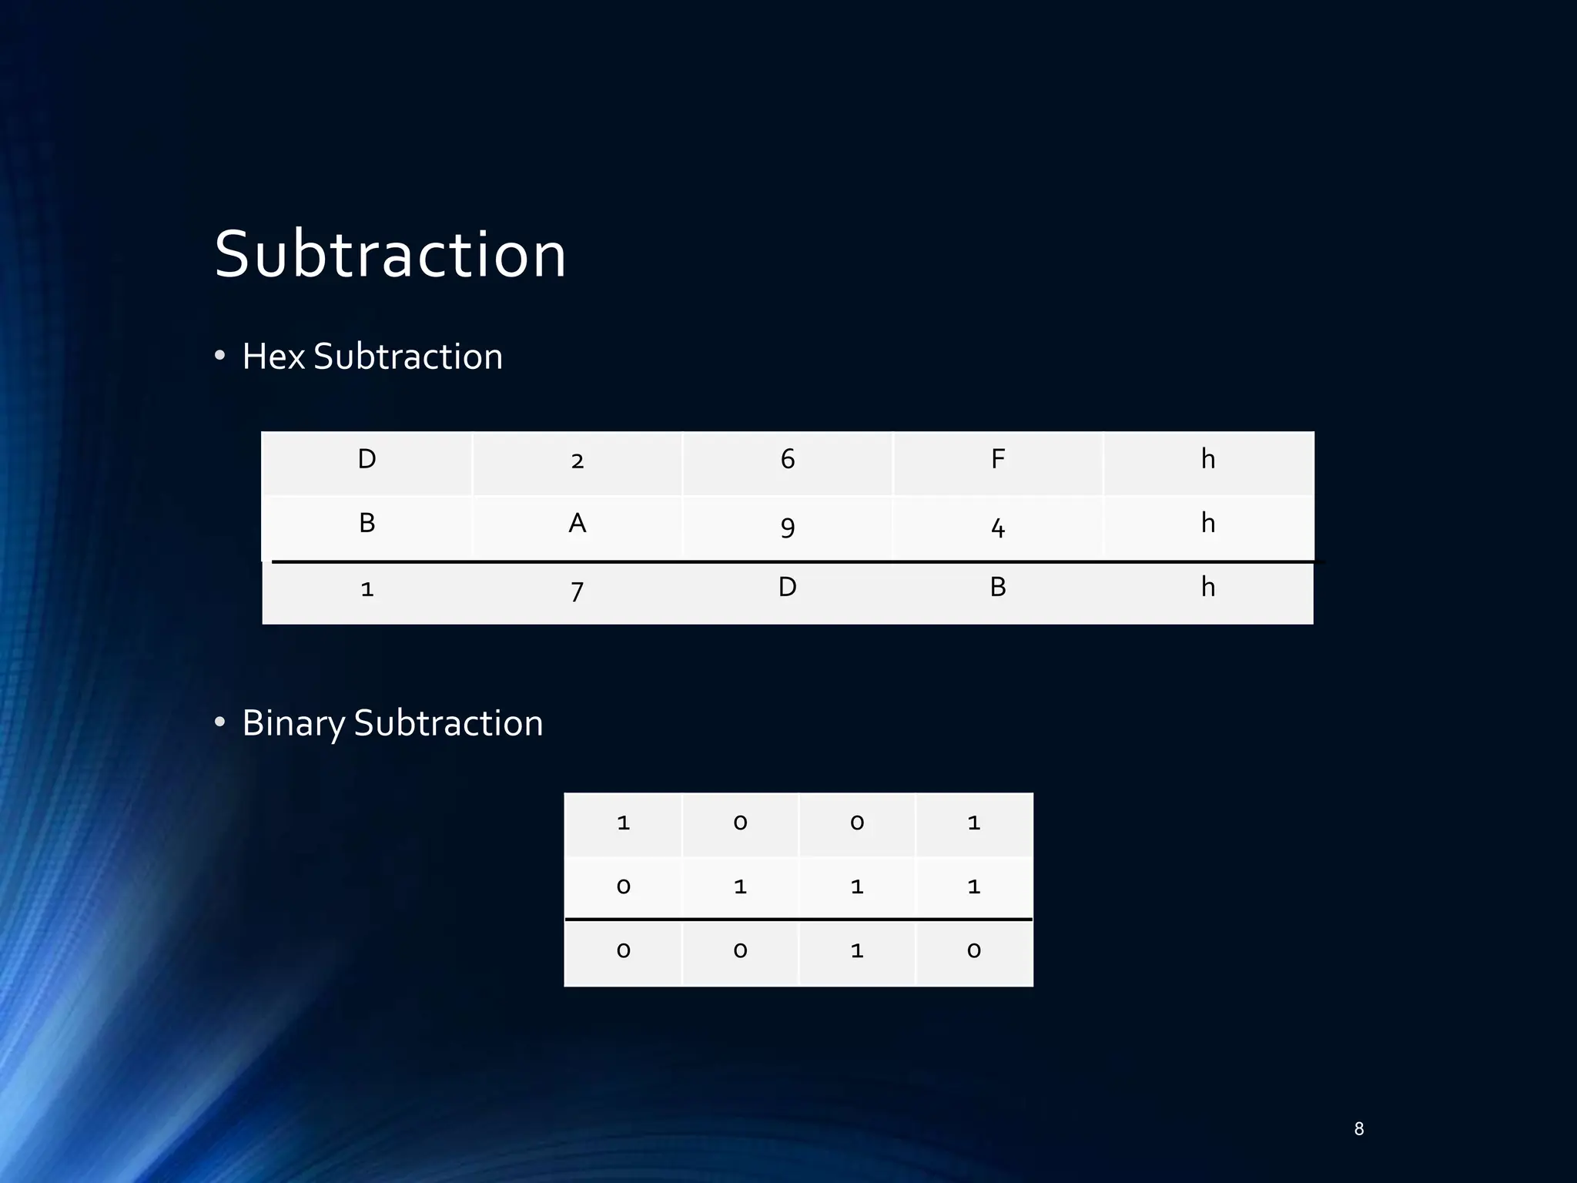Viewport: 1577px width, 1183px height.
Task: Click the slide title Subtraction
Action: (x=390, y=254)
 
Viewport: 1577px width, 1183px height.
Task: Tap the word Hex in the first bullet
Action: (x=273, y=357)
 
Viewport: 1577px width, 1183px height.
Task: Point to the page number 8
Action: (x=1359, y=1129)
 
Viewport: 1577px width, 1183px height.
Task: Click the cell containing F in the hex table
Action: (x=998, y=460)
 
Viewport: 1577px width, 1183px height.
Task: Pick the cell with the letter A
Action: (x=578, y=524)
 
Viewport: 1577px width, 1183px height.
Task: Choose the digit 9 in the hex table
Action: (x=788, y=527)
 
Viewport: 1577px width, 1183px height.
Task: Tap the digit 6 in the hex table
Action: (x=788, y=460)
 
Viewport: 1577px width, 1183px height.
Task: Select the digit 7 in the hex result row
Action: (x=578, y=591)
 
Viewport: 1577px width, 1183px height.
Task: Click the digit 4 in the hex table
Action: (x=998, y=527)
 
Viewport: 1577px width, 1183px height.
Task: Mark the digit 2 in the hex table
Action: (x=578, y=461)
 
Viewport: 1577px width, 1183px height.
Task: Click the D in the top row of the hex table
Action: (x=367, y=460)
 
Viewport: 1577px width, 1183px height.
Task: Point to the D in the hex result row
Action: (x=787, y=588)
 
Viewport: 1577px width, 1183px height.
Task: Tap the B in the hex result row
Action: (x=998, y=588)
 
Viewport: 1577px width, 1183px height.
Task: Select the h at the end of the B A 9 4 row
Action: (x=1208, y=524)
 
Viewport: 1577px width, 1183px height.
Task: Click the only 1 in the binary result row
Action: (x=857, y=951)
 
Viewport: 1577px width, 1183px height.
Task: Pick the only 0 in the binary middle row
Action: (x=624, y=887)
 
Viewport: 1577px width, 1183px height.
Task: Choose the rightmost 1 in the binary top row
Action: (x=974, y=823)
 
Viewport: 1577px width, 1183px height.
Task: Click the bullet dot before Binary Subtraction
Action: (x=220, y=722)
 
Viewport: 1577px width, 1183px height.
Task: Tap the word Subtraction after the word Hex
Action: (x=408, y=357)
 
